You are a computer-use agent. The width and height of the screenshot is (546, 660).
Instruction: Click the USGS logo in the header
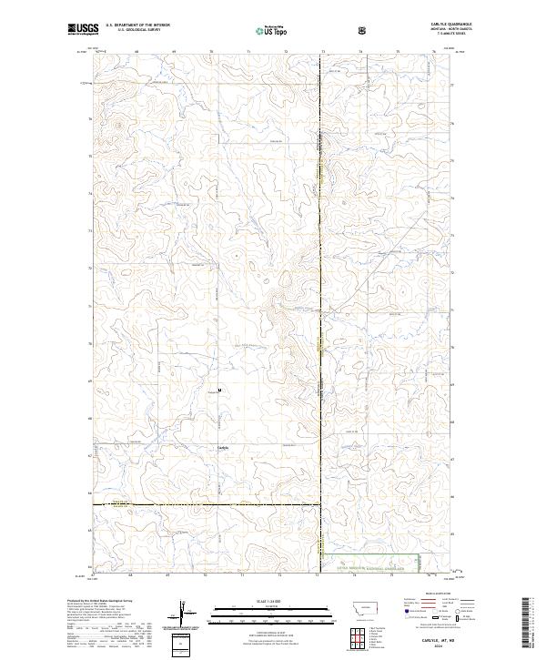[x=83, y=30]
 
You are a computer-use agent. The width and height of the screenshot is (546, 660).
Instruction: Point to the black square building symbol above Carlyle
[x=218, y=393]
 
